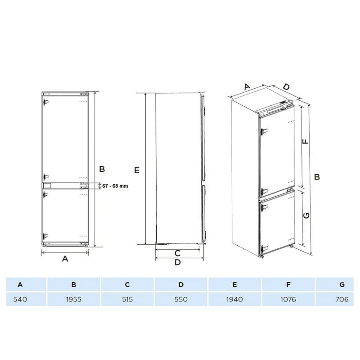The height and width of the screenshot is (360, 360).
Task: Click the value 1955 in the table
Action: click(x=74, y=299)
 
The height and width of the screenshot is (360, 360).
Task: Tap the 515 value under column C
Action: click(x=127, y=299)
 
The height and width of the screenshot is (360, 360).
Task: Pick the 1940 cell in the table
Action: click(x=234, y=299)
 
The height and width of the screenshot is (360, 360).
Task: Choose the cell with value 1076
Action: click(x=288, y=299)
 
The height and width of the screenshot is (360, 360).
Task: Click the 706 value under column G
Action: click(x=342, y=299)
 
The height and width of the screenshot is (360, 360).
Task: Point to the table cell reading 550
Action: click(x=181, y=299)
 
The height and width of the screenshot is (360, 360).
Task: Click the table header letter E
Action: click(x=234, y=285)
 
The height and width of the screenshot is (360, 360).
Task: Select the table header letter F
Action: click(x=288, y=285)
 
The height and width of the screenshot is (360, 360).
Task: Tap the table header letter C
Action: click(x=127, y=285)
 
